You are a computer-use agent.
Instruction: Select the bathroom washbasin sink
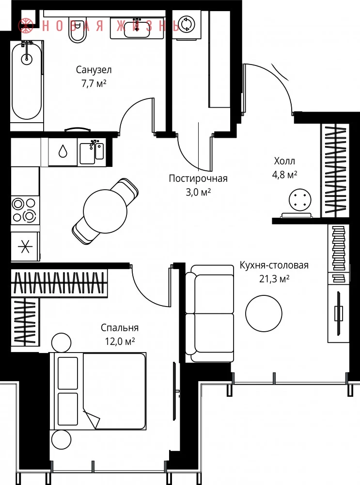[137, 28]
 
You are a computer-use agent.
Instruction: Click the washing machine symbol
[187, 24]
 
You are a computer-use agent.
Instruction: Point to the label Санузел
[94, 69]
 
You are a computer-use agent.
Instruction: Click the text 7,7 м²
[94, 83]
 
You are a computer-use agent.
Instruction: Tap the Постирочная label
[198, 178]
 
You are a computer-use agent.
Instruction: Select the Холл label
[284, 161]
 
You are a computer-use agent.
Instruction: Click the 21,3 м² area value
[274, 279]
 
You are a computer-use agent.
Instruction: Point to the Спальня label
[120, 327]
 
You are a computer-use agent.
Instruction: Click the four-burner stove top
[25, 210]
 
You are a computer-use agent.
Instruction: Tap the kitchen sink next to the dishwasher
[92, 152]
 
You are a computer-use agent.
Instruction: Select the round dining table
[105, 211]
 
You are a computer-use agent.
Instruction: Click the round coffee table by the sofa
[264, 313]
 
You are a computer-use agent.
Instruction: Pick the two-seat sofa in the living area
[209, 314]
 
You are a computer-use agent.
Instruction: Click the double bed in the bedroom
[98, 391]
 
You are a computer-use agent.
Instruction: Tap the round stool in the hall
[300, 200]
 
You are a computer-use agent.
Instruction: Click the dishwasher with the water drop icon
[63, 152]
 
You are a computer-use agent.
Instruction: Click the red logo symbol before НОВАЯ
[26, 26]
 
